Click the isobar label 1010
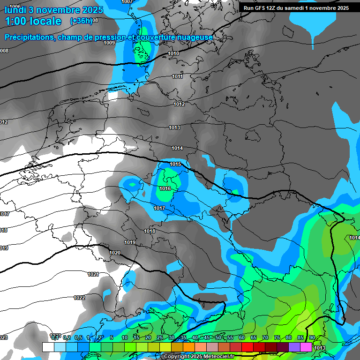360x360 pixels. (173, 54)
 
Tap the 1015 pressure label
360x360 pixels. (175, 164)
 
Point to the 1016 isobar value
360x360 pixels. (165, 188)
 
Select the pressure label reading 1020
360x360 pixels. (115, 253)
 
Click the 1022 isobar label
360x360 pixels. (79, 298)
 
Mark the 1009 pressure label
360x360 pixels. (109, 43)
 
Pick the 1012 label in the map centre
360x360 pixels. (179, 104)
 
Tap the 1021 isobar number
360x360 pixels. (93, 274)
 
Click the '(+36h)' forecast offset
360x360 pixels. (81, 21)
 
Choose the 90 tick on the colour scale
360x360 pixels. (312, 337)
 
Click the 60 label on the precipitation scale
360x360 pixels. (242, 337)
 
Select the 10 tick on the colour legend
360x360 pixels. (125, 337)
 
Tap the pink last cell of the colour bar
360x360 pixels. (306, 347)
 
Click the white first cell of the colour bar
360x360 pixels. (48, 347)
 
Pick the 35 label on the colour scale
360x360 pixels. (183, 337)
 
